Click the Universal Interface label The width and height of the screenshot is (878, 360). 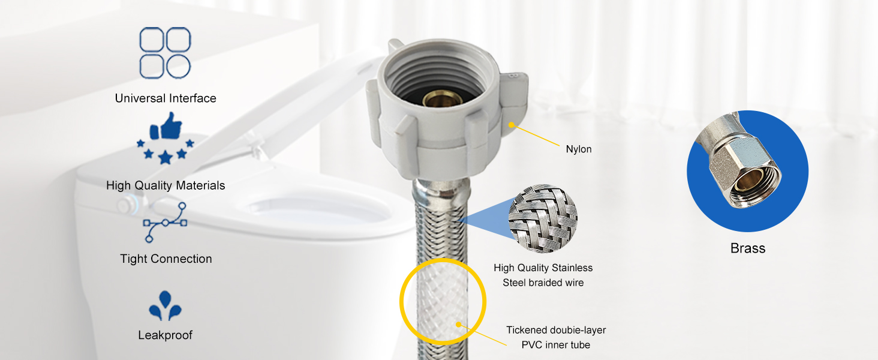(x=166, y=98)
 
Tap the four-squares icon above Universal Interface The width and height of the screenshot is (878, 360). (x=165, y=53)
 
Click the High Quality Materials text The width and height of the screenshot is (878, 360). (x=166, y=185)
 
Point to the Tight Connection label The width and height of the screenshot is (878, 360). (x=166, y=259)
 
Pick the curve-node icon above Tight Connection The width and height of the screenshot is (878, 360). (x=165, y=222)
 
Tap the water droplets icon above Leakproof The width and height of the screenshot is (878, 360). (x=165, y=306)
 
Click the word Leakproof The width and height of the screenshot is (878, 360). (x=166, y=335)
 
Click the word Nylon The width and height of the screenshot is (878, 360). (x=579, y=149)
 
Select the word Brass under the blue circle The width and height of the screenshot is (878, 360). (x=748, y=248)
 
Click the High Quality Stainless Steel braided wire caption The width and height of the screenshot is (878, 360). (x=543, y=275)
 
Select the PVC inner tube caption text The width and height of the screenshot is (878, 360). (x=556, y=337)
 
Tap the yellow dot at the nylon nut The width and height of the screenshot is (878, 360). (x=512, y=125)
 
